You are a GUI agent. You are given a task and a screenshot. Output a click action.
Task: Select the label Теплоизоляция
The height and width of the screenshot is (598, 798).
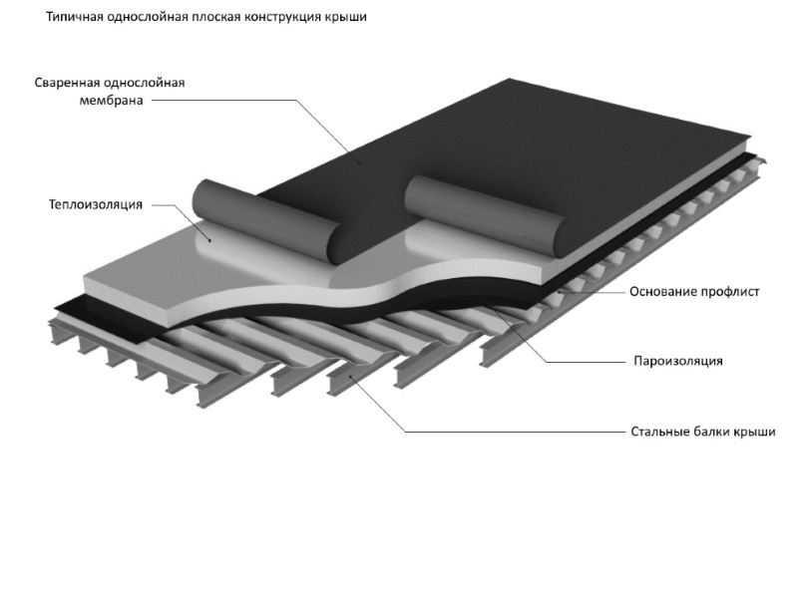coord(96,204)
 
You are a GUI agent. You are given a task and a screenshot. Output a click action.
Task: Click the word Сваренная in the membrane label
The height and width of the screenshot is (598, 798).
coord(68,83)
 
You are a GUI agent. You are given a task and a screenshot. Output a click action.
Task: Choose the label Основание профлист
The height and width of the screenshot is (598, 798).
coord(695,292)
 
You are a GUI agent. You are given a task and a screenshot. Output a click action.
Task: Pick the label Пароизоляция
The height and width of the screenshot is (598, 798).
coord(677,360)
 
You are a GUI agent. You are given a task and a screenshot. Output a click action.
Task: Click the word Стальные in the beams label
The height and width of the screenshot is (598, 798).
coord(659,432)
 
